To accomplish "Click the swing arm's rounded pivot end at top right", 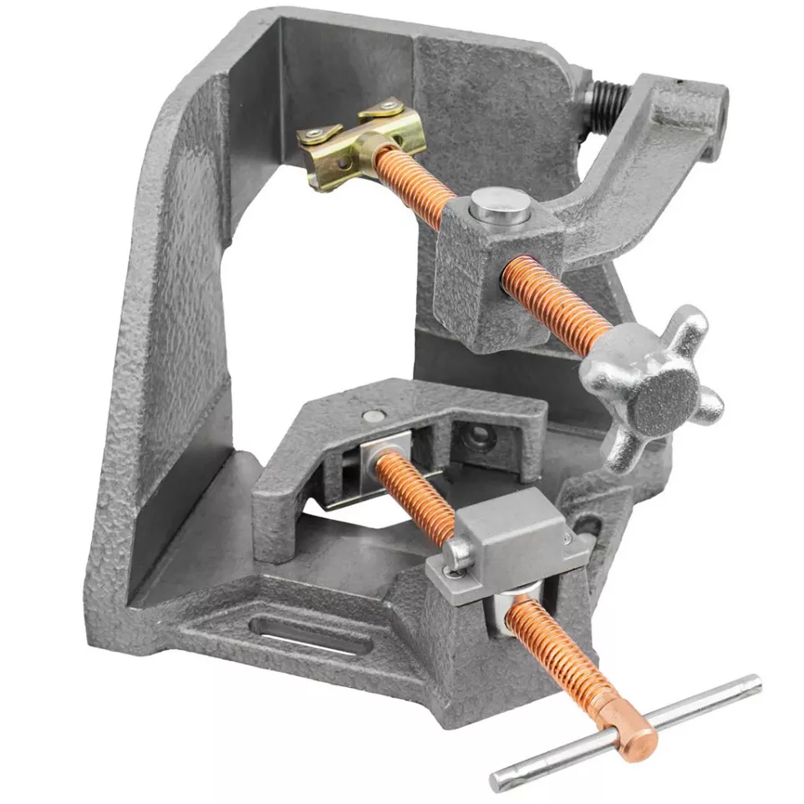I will point(698,113).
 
